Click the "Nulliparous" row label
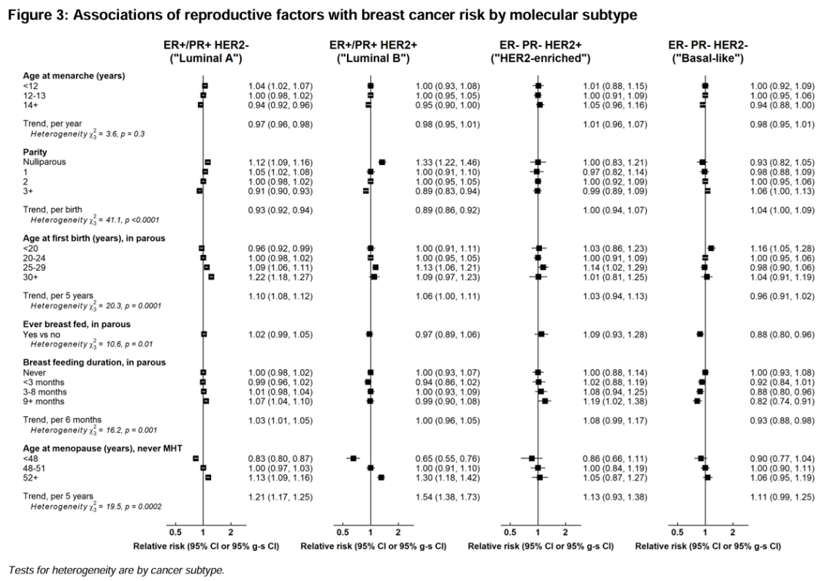tap(45, 162)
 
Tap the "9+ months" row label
tap(43, 401)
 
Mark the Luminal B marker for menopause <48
tap(353, 457)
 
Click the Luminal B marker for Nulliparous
tap(382, 162)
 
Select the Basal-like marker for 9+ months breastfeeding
tap(697, 401)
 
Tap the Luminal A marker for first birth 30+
tap(211, 276)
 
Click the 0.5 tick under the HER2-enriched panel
tap(510, 532)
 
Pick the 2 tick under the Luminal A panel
tap(230, 532)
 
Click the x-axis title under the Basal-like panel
tap(708, 546)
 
